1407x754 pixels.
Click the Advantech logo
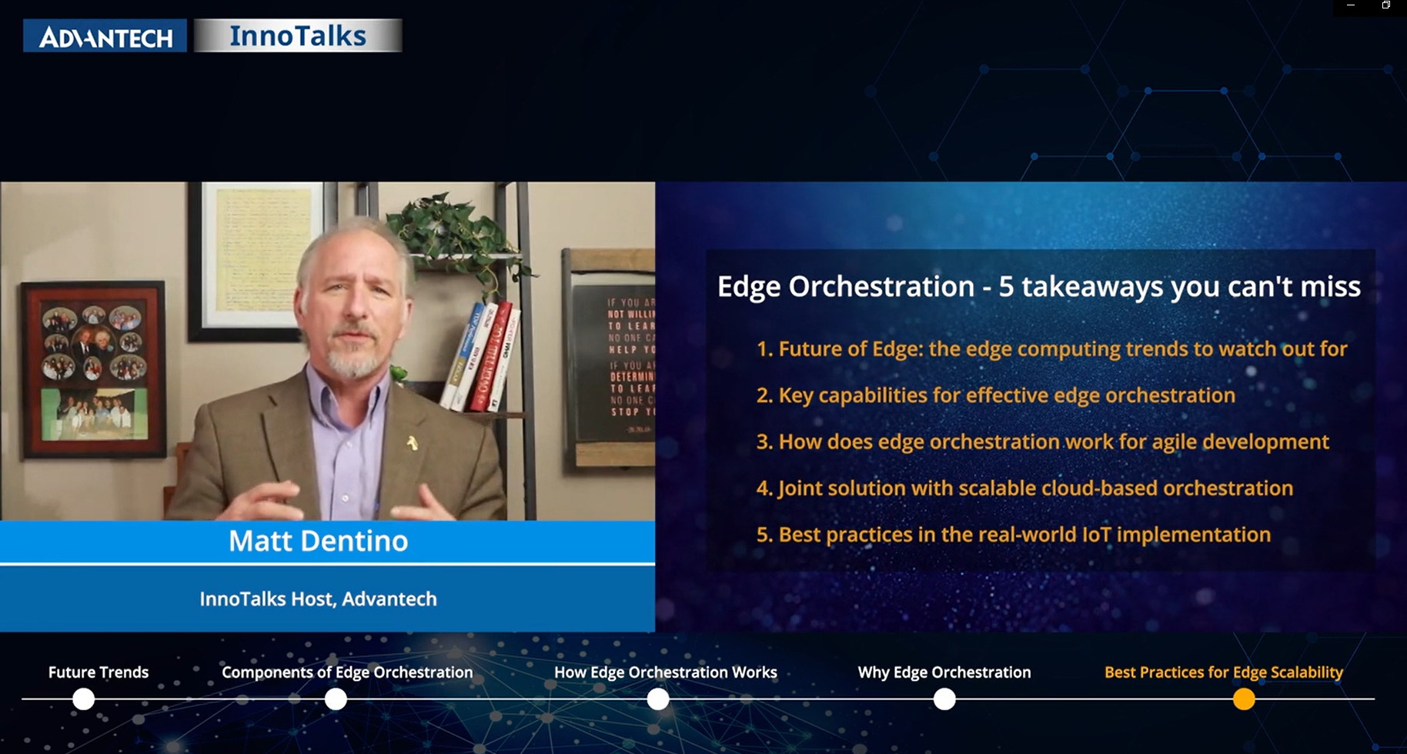pos(105,36)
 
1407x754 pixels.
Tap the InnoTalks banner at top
pos(298,36)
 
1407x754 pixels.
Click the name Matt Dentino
pos(318,541)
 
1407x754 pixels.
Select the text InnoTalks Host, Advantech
pos(318,599)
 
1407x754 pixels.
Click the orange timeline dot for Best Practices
pos(1243,699)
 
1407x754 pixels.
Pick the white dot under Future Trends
pos(83,699)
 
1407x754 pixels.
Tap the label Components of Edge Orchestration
pos(347,672)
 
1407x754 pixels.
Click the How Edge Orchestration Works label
pos(665,672)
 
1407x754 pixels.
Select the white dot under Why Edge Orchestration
pos(944,699)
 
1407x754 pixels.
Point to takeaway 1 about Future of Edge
pos(1051,349)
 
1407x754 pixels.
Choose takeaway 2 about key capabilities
pos(995,395)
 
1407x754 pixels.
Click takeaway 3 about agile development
pos(1042,442)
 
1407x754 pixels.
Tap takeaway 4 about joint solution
pos(1024,488)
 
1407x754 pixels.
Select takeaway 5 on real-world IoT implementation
pos(1013,534)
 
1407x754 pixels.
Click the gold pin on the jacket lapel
pos(413,442)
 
